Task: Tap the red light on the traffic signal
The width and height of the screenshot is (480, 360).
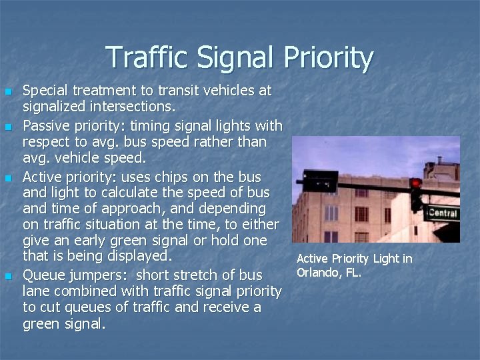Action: pyautogui.click(x=416, y=183)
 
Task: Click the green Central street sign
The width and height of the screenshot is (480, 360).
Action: pyautogui.click(x=443, y=213)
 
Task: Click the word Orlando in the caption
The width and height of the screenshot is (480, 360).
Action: pyautogui.click(x=319, y=272)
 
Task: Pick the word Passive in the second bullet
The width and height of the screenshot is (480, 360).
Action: pyautogui.click(x=46, y=125)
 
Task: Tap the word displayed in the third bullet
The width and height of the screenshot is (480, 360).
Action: pyautogui.click(x=141, y=256)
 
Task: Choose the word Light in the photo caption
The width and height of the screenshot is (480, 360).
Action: pyautogui.click(x=385, y=259)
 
